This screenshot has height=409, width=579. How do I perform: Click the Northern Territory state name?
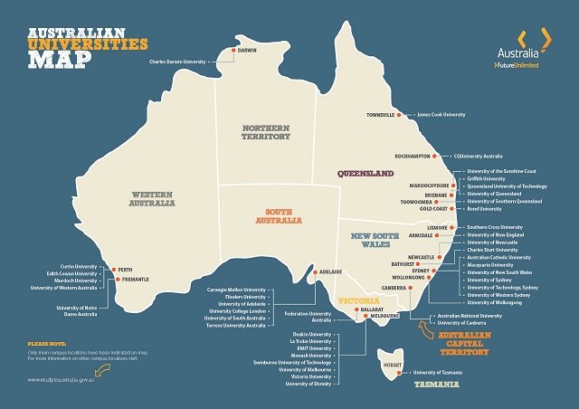(x=265, y=133)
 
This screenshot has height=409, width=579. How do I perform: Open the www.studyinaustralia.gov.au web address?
(x=66, y=380)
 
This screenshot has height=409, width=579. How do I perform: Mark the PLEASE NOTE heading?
(x=49, y=346)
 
